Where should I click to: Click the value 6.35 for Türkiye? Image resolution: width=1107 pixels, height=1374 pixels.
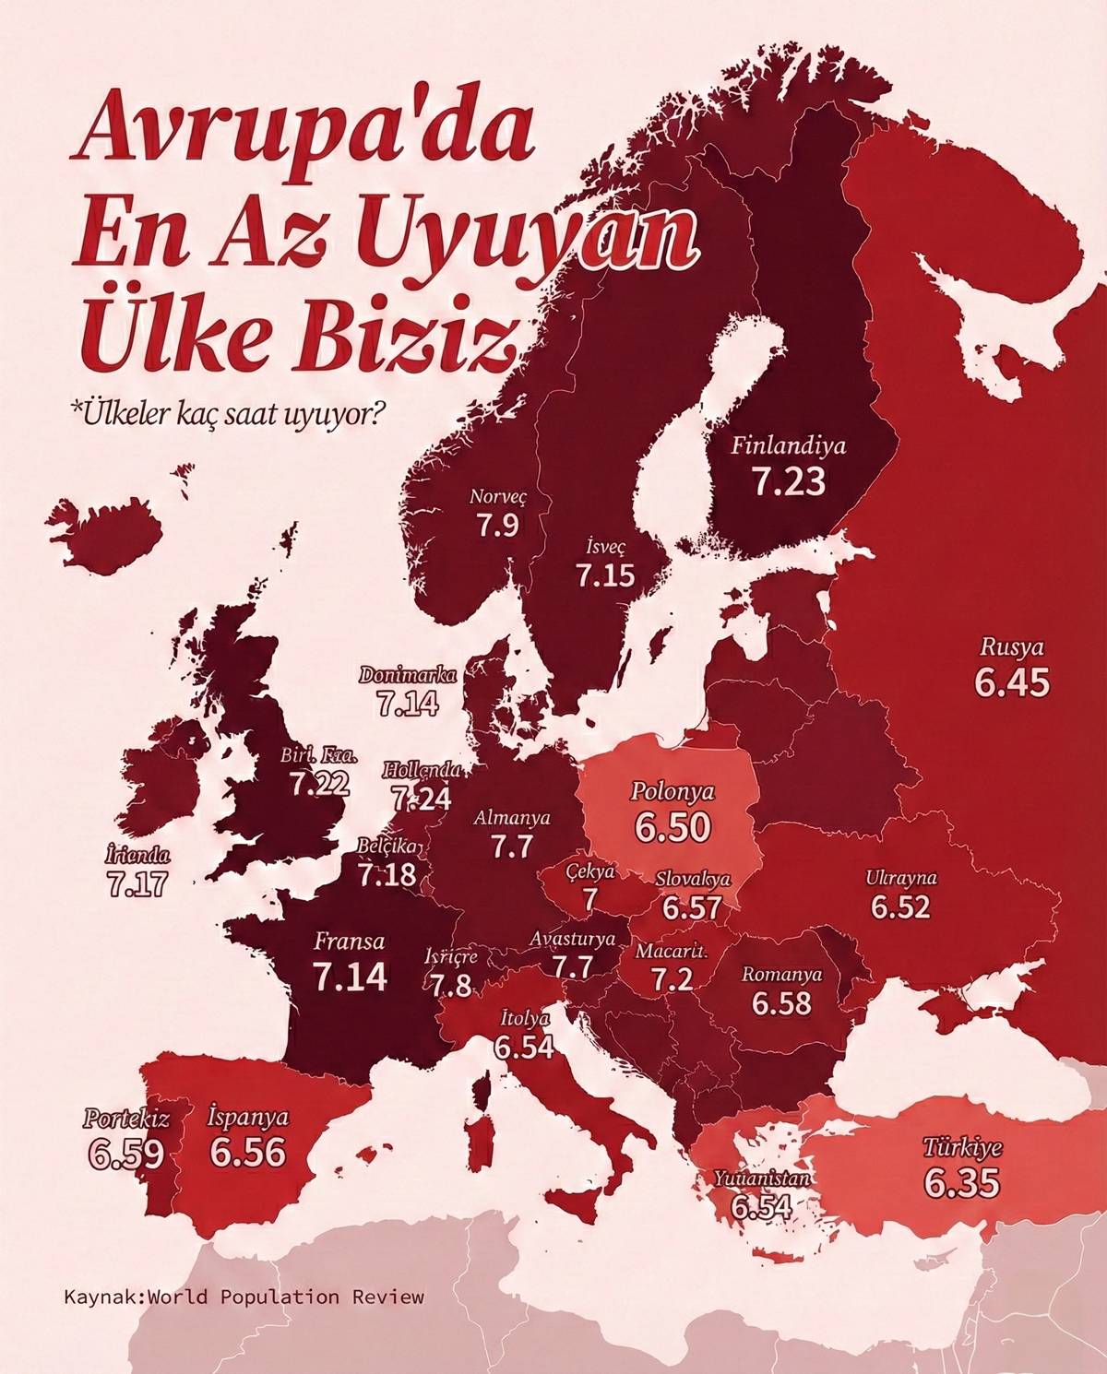pos(962,1183)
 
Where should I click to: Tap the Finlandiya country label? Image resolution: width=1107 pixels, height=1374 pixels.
pos(788,446)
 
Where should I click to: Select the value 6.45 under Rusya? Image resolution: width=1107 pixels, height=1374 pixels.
pos(1012,682)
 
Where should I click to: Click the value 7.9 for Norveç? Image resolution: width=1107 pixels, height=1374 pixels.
pos(497,526)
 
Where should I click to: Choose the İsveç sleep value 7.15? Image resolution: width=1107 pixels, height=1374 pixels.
pos(606,575)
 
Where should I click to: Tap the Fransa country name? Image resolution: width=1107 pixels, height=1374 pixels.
pos(350,942)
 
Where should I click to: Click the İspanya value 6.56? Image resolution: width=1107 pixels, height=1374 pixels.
pos(247,1153)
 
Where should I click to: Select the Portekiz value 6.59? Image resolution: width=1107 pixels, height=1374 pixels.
pos(126,1154)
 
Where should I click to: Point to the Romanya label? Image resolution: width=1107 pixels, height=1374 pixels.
pos(782,974)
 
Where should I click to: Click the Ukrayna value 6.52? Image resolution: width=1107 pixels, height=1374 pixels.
pos(900,907)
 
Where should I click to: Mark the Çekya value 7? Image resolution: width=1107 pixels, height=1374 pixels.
pos(590,898)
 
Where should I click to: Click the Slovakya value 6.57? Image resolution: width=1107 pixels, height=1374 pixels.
pos(692,907)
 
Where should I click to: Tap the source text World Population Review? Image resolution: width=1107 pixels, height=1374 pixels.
pos(291,1297)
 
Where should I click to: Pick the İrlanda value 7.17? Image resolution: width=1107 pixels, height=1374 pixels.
pos(137,883)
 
